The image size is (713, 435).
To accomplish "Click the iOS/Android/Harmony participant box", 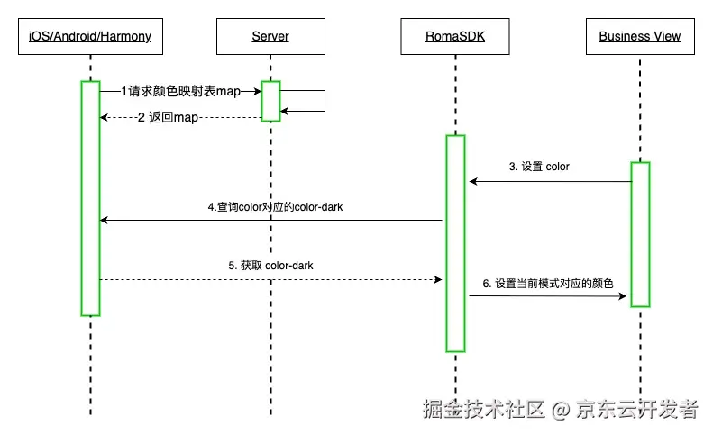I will [x=90, y=37].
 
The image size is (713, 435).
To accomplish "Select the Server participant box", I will [x=270, y=37].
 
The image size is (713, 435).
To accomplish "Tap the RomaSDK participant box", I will [x=455, y=37].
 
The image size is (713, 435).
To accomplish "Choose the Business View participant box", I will [x=639, y=37].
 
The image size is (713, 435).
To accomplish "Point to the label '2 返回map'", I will [x=168, y=117].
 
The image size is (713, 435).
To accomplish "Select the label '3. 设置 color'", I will [x=539, y=167].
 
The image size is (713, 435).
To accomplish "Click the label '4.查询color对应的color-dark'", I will [x=275, y=206].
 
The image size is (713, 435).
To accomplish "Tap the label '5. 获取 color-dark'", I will [x=270, y=266].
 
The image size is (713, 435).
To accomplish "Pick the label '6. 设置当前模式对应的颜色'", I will [x=548, y=283].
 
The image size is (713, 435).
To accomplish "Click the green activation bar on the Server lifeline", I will [x=270, y=100].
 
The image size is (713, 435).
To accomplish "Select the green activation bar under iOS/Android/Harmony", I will [x=90, y=198].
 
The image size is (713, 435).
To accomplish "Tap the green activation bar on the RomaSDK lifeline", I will [x=455, y=243].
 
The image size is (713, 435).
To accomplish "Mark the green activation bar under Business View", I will [x=639, y=234].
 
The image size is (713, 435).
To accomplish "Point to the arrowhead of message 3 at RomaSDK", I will [x=472, y=182].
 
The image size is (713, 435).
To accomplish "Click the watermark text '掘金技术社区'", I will [x=484, y=409].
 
